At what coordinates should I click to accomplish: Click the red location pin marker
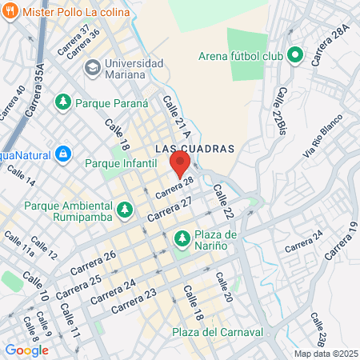click(180, 164)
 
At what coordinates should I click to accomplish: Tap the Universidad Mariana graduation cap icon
click(91, 66)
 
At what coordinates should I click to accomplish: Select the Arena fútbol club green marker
click(294, 56)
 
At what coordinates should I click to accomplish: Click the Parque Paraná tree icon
click(63, 102)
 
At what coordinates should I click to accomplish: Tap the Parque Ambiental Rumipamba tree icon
click(124, 210)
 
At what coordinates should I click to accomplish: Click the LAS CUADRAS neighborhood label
click(194, 149)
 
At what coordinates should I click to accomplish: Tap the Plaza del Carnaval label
click(218, 332)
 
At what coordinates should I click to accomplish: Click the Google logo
click(26, 350)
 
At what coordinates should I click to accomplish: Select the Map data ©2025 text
click(326, 354)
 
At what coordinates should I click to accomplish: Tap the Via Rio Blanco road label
click(322, 138)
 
